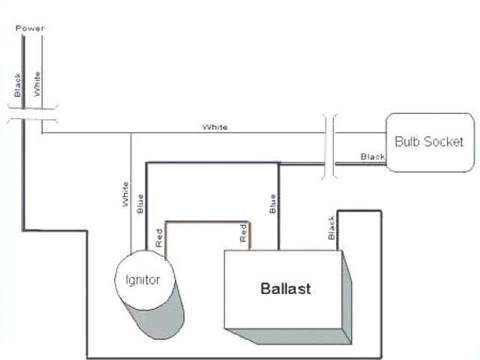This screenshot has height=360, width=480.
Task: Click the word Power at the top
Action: tap(30, 28)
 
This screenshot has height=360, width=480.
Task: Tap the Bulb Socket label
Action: tap(429, 141)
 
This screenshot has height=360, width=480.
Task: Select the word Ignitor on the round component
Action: tap(137, 280)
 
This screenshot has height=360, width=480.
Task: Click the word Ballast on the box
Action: tap(285, 288)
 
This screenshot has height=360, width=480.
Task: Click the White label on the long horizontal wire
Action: tap(215, 127)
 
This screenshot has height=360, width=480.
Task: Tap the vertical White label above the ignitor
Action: tap(125, 193)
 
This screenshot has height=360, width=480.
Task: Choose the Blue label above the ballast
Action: tap(272, 203)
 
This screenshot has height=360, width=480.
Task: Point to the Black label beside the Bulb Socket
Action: tap(372, 157)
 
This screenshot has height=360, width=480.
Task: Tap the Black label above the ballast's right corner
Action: tap(331, 228)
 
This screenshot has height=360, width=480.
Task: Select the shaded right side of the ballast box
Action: tap(346, 296)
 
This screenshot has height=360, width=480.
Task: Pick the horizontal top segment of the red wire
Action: tap(207, 222)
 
